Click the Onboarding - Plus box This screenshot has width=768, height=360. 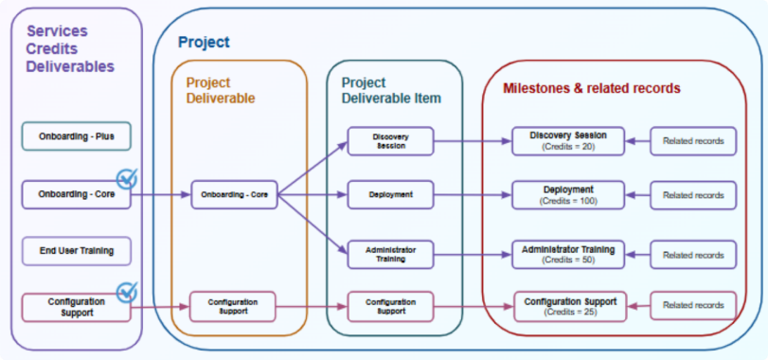[x=76, y=136]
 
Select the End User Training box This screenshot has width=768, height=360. [x=76, y=251]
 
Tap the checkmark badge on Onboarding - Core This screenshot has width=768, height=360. [x=126, y=178]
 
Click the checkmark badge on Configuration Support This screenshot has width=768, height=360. [x=126, y=291]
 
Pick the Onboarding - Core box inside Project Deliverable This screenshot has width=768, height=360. [x=234, y=195]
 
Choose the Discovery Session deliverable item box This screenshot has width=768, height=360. [x=390, y=141]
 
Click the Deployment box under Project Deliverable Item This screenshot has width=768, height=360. [x=390, y=195]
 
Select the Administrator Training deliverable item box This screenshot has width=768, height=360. [x=390, y=254]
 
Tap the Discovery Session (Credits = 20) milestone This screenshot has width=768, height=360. [x=568, y=141]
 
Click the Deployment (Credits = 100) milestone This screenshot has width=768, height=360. [x=568, y=195]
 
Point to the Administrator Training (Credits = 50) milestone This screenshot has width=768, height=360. [x=568, y=254]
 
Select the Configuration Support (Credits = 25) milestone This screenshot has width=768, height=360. [x=568, y=306]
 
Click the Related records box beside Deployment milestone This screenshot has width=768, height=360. [x=692, y=195]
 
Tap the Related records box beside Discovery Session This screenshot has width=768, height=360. [x=692, y=141]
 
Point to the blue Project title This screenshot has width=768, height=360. [x=204, y=43]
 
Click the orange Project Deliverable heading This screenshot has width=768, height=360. [x=221, y=90]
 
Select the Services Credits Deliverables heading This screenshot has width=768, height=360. [x=69, y=48]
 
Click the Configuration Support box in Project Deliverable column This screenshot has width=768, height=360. [x=234, y=306]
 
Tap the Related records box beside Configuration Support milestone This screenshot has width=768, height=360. [x=692, y=306]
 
